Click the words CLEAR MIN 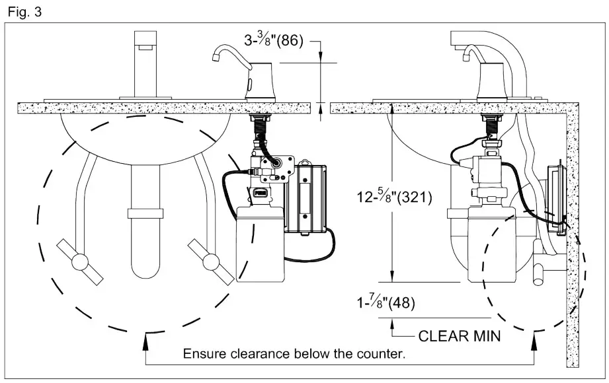coord(460,336)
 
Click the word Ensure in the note coord(202,353)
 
